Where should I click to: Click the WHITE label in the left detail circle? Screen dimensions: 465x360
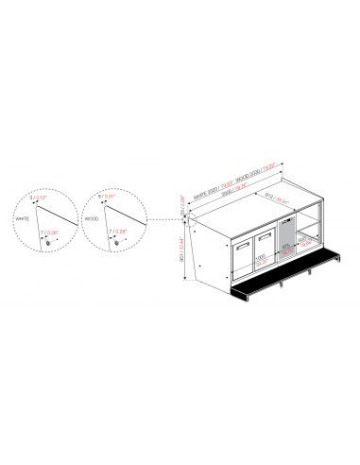[24, 218]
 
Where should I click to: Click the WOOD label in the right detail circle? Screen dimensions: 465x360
[92, 218]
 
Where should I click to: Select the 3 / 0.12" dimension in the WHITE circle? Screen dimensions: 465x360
[39, 198]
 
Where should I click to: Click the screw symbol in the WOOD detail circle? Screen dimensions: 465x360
[115, 243]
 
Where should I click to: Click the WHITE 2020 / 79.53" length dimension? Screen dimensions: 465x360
[213, 194]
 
